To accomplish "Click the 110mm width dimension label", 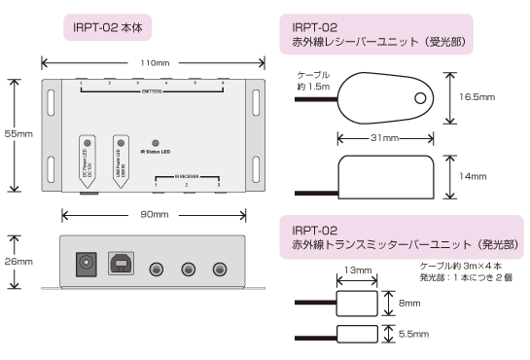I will click(x=150, y=62).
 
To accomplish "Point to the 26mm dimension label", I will click(x=17, y=262).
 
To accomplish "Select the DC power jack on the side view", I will click(x=87, y=264).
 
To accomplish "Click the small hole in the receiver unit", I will click(x=419, y=98).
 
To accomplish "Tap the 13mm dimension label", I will click(x=357, y=270).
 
